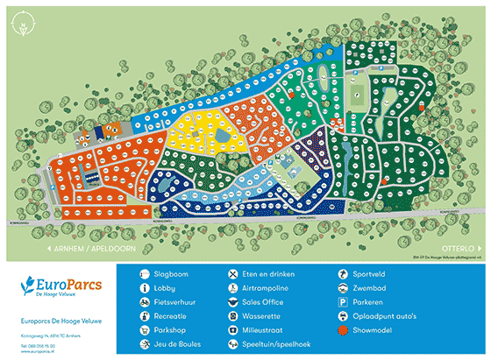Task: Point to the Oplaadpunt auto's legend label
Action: pyautogui.click(x=381, y=316)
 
